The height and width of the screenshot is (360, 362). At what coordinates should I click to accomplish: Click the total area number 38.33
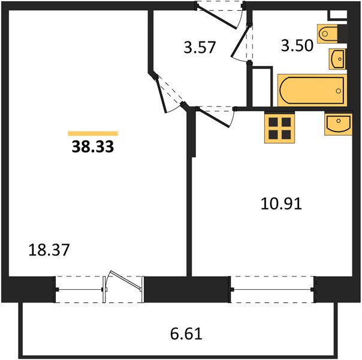[x=93, y=146]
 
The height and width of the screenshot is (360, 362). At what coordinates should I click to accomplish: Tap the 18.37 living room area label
[x=49, y=250]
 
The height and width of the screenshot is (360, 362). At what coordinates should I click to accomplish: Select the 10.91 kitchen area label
[x=281, y=204]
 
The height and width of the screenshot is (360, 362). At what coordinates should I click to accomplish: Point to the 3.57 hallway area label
[x=200, y=47]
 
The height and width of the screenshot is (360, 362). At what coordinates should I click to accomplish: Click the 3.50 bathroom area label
[x=297, y=46]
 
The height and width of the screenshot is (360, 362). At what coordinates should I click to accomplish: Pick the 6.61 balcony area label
[x=186, y=334]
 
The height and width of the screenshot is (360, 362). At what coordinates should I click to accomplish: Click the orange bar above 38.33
[x=93, y=134]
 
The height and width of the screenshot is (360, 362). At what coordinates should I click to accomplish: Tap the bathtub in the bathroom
[x=312, y=91]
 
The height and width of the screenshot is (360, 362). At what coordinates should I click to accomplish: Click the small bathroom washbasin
[x=337, y=59]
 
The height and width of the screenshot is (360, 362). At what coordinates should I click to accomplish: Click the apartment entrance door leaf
[x=218, y=17]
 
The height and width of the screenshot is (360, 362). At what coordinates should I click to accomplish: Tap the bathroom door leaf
[x=240, y=41]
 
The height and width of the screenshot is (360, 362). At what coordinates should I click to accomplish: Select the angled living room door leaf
[x=161, y=95]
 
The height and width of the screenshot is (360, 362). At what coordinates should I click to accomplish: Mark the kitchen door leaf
[x=213, y=118]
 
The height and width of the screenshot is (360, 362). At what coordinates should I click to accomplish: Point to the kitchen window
[x=273, y=289]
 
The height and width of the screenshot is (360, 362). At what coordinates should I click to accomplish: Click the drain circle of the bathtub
[x=339, y=91]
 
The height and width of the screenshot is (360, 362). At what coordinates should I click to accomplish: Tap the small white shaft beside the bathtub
[x=262, y=87]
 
